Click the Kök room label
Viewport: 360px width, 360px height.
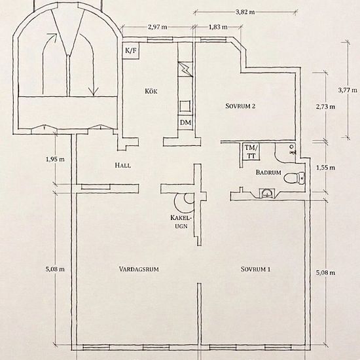(151, 91)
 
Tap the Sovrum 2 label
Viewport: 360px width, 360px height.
(240, 106)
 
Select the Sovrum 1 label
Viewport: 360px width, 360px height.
(255, 269)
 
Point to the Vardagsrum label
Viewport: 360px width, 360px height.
(139, 269)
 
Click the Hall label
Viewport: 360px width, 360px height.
(123, 166)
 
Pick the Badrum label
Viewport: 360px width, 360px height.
(268, 172)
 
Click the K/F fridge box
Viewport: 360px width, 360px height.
(131, 50)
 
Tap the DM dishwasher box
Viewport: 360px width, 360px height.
(185, 122)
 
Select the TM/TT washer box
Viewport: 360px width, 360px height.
(251, 152)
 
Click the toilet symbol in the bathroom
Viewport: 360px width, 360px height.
(295, 178)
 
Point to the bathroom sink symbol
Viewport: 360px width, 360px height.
(267, 193)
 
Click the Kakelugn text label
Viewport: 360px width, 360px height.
(181, 222)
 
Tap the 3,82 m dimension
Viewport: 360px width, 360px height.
(245, 12)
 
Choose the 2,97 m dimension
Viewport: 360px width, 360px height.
(158, 27)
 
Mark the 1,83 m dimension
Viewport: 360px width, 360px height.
(218, 27)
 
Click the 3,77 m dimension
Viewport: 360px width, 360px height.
(348, 90)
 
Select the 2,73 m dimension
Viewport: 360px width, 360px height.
(325, 107)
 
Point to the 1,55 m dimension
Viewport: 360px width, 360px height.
(325, 168)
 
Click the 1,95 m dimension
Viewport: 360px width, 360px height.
(56, 159)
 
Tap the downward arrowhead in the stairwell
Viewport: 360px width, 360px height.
(94, 91)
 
